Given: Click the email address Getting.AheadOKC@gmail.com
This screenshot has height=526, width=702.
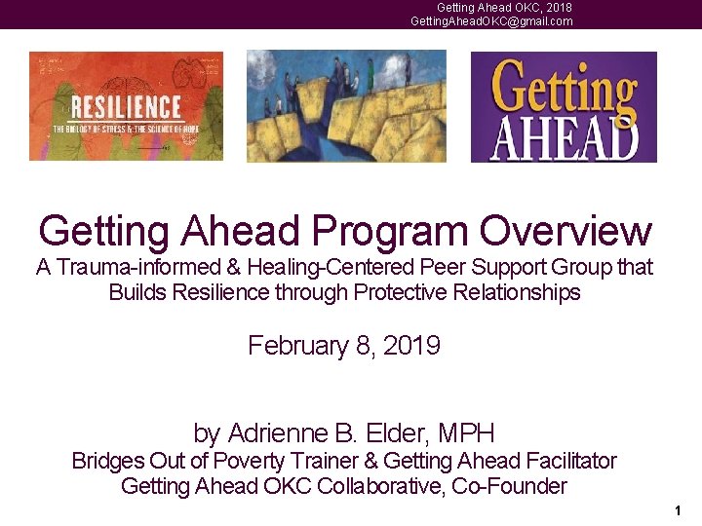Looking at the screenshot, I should (491, 21).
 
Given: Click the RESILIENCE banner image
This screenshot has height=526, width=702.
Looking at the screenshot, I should (126, 106).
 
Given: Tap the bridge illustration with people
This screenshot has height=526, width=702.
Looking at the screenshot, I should (346, 106).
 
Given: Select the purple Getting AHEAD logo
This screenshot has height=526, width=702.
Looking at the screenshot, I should (564, 106).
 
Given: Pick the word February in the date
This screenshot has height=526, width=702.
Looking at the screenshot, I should (294, 346).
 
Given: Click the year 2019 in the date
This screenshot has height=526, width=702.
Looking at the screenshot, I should (413, 346).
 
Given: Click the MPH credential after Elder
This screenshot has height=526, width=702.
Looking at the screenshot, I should (466, 432).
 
